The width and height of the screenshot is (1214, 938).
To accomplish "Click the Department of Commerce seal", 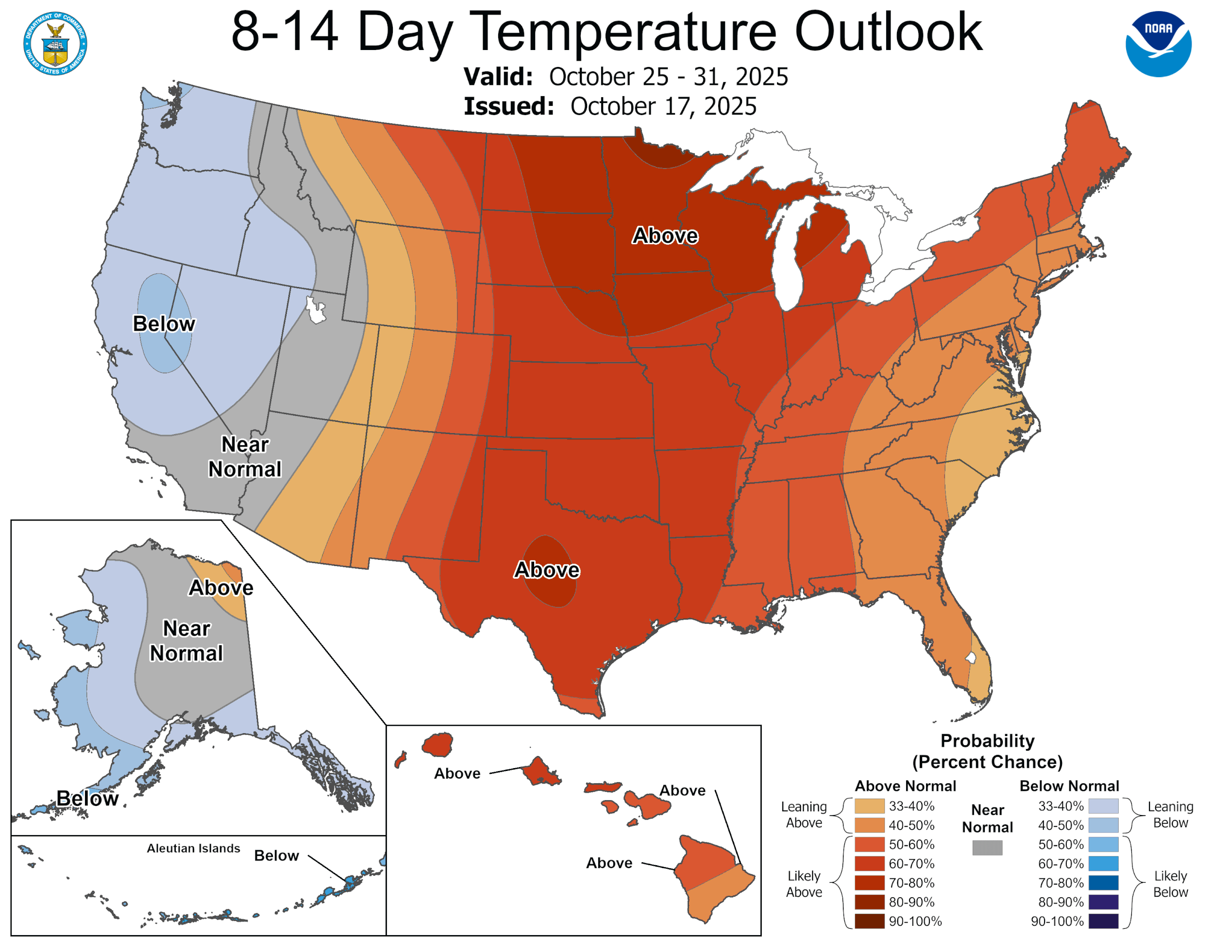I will coord(55,43).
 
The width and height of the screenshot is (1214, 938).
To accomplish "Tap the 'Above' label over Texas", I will coord(546,570).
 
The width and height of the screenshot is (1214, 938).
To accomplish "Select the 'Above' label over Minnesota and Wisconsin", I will coord(665,235).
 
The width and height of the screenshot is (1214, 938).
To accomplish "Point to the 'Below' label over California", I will coord(164,323).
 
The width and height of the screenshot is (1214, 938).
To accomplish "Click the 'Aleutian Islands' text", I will coord(193,849).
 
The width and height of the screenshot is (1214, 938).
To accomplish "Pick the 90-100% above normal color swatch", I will coord(869,921).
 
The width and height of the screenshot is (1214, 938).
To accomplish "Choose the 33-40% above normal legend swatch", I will coord(869,806).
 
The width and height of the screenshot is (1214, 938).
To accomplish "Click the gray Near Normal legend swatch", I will coord(987,847).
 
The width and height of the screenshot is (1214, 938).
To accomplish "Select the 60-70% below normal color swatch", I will coord(1103,864).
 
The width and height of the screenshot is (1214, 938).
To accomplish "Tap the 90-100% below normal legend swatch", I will coord(1103,921).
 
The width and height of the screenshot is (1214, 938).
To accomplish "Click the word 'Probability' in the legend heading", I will coord(987,741).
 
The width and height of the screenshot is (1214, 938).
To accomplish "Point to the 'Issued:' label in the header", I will coord(508,106).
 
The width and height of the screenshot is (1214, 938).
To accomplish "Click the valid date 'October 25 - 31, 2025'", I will coord(668,77).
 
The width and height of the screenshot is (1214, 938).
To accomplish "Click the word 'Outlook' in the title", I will coord(888,32).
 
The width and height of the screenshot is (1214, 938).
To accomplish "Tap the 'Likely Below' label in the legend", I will coord(1170,884).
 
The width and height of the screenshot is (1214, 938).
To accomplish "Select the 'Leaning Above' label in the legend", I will coord(804,815).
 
